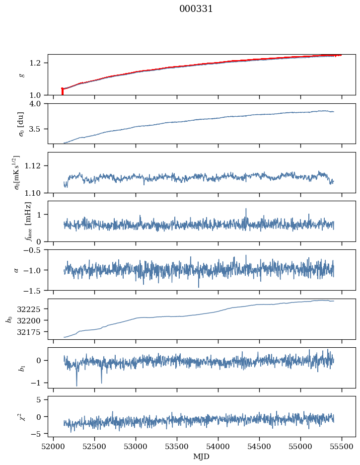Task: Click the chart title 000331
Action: point(196,9)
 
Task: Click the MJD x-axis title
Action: point(202,457)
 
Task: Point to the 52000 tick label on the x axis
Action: point(53,447)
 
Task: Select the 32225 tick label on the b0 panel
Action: point(32,309)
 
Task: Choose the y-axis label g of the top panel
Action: point(21,75)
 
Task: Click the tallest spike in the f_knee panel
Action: point(246,210)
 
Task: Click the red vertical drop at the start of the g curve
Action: point(62,92)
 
